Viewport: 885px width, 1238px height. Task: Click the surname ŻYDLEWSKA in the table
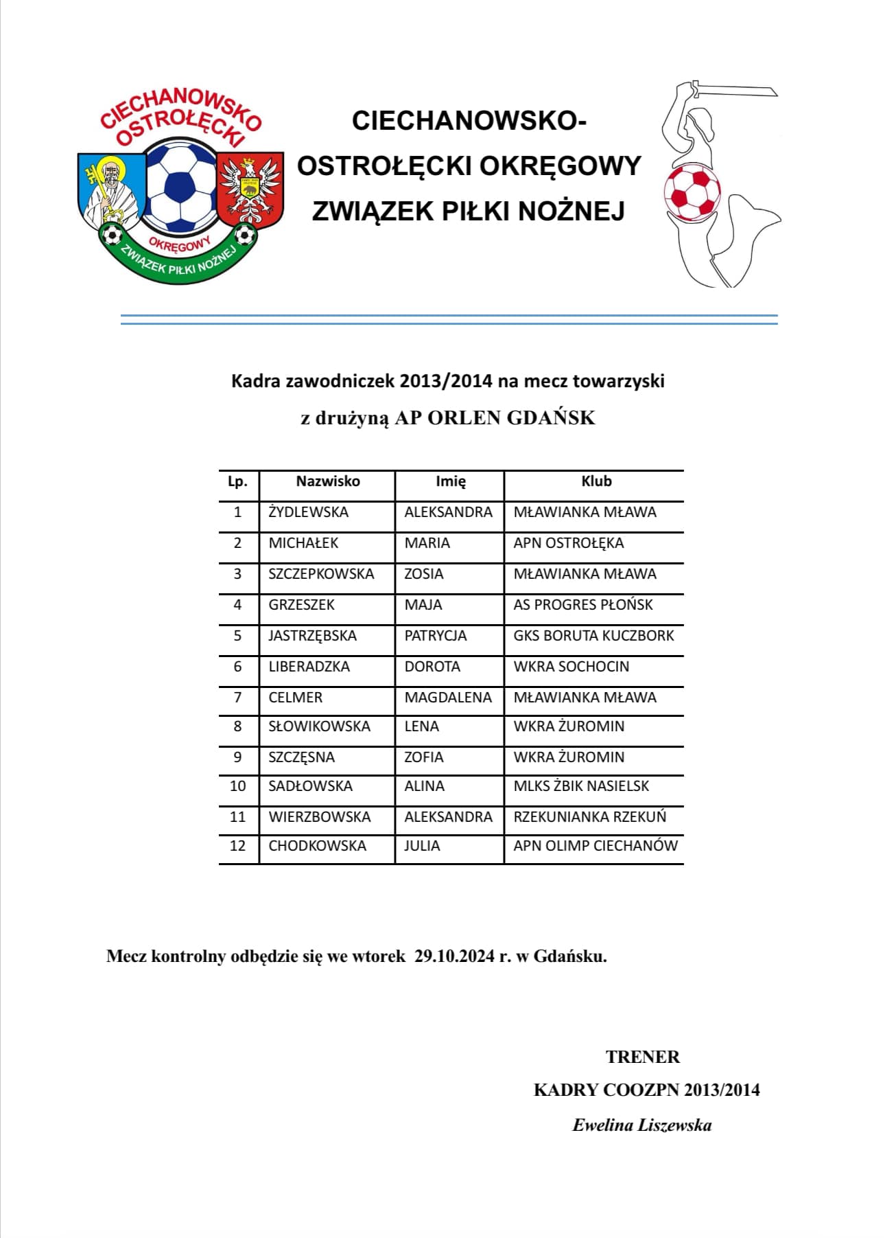[x=308, y=512]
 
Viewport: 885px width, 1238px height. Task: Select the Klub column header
[x=595, y=481]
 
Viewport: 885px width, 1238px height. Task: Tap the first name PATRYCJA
[x=435, y=636]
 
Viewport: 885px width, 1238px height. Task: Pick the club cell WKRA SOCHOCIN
[x=571, y=667]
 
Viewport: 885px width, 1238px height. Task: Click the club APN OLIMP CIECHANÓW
[x=595, y=846]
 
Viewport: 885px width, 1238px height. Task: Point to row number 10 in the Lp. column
[x=237, y=786]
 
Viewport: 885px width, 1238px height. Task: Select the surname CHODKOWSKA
[x=317, y=846]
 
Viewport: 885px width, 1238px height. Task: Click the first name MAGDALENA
[x=447, y=698]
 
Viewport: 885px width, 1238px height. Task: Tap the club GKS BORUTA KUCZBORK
[x=593, y=636]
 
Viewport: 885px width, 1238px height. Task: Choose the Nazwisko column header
[x=327, y=481]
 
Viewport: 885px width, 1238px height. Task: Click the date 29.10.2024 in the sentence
[x=454, y=956]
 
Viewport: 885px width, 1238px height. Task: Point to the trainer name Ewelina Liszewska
[x=641, y=1125]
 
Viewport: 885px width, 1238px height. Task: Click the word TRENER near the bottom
[x=642, y=1057]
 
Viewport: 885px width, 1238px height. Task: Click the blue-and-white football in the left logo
[x=180, y=185]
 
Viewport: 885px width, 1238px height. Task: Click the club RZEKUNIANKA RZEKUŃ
[x=589, y=817]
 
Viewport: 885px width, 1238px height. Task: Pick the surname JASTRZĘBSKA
[x=312, y=636]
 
